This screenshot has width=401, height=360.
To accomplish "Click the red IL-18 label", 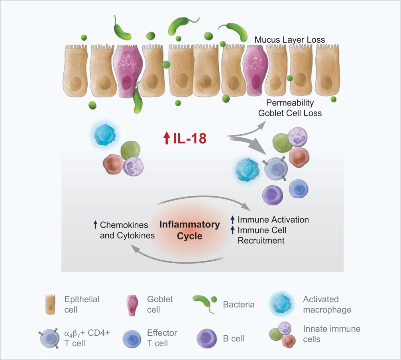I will click(190, 139).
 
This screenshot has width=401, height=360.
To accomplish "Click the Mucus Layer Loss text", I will click(290, 40).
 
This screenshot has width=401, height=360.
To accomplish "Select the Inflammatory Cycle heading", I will click(189, 230).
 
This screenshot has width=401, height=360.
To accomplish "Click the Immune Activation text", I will click(273, 220).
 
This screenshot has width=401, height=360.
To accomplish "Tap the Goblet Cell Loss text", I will click(290, 113).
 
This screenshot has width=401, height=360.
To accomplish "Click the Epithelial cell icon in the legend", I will click(50, 304).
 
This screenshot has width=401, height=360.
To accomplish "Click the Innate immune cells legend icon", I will click(282, 335).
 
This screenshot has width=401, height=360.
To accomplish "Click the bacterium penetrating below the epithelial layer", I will click(137, 100).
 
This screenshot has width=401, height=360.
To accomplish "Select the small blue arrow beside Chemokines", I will click(95, 225).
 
